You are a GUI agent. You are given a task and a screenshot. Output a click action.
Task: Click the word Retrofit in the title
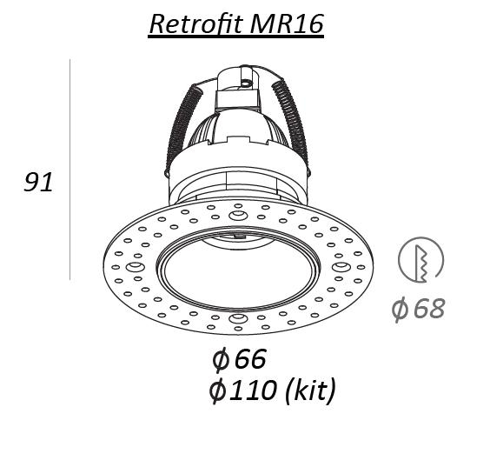(x=196, y=24)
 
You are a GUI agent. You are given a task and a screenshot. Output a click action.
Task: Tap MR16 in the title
(x=287, y=24)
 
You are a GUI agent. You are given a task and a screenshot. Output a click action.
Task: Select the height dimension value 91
(x=38, y=182)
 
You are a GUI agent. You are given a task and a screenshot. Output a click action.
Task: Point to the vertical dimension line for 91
(x=70, y=170)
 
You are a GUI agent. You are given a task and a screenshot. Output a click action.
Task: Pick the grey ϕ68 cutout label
(x=418, y=309)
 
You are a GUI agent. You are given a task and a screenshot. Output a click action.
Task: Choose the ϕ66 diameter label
(x=239, y=359)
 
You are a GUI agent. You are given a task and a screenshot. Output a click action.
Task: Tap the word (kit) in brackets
(x=310, y=390)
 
